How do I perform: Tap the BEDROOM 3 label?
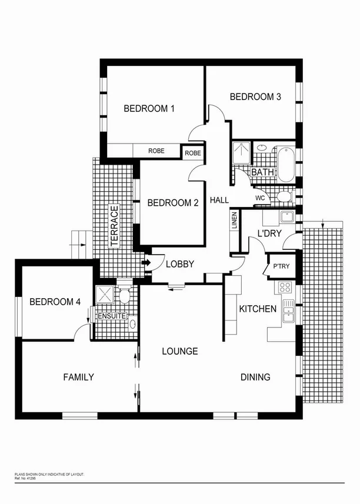(255, 97)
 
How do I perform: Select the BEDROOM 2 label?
(172, 203)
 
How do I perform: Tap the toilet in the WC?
(284, 196)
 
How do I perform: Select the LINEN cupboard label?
(234, 221)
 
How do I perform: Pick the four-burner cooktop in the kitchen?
(285, 288)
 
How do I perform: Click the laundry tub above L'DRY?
(286, 216)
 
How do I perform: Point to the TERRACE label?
(115, 226)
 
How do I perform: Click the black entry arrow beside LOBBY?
(147, 263)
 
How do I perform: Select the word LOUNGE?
(180, 352)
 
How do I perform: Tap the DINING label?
(255, 377)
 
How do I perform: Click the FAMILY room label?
(78, 377)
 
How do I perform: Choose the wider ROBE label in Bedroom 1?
(156, 151)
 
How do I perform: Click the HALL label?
(219, 201)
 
